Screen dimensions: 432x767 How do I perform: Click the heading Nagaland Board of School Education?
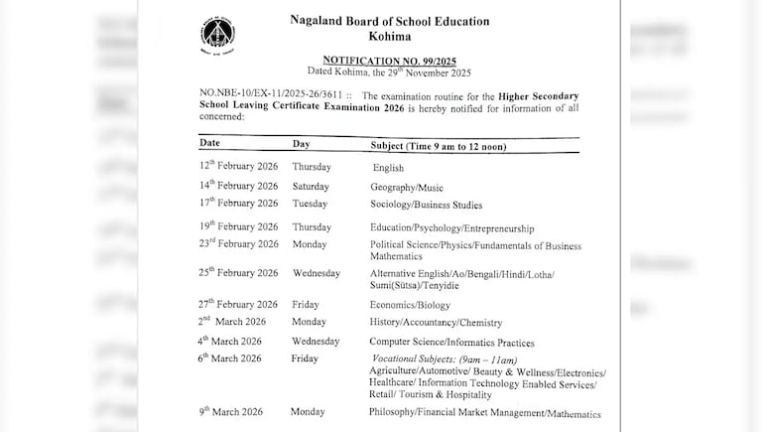(389, 21)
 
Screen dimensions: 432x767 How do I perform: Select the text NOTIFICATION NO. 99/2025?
(389, 60)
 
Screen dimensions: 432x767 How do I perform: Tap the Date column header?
(209, 144)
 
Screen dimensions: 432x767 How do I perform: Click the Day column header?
(301, 144)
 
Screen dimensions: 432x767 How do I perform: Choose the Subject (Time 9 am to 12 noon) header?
(438, 145)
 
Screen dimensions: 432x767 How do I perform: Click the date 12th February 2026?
(238, 167)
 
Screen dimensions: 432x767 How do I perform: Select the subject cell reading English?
(388, 168)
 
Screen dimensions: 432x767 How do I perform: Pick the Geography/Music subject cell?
(407, 187)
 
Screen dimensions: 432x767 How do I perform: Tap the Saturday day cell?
(312, 186)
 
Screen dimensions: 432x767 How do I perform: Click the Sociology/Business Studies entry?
(426, 205)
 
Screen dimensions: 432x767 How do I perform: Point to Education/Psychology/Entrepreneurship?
(451, 227)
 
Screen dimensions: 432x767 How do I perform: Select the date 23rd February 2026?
(238, 244)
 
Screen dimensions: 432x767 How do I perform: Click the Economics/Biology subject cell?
(410, 305)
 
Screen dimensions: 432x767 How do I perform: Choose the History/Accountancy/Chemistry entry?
(436, 323)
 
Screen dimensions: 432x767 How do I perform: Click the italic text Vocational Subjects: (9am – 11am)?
(445, 360)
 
